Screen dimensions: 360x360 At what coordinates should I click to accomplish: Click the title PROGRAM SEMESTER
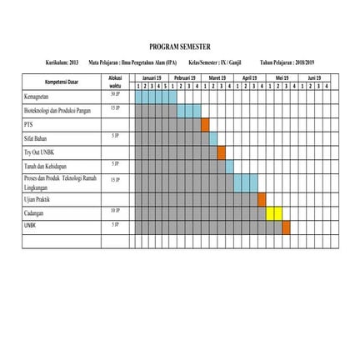tap(180, 47)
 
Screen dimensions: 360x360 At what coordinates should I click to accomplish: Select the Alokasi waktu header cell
tap(117, 82)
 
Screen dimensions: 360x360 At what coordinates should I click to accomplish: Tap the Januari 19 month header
tap(152, 77)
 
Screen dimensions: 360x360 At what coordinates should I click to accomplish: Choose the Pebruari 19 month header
tap(185, 77)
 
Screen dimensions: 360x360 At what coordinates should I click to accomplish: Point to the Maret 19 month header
tap(217, 77)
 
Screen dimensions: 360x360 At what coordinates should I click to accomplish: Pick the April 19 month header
tap(250, 77)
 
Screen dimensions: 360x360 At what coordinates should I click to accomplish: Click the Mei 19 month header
tap(282, 77)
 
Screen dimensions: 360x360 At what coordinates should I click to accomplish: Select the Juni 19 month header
tap(315, 77)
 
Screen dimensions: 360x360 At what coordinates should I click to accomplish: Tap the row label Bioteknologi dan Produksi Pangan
tap(60, 111)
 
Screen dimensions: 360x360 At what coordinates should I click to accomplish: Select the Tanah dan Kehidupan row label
tap(47, 167)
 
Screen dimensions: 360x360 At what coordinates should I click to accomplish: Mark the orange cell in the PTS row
tap(205, 125)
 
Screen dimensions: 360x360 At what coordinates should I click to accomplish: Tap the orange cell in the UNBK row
tap(286, 227)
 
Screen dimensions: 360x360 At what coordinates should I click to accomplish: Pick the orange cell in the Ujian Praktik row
tap(262, 199)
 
